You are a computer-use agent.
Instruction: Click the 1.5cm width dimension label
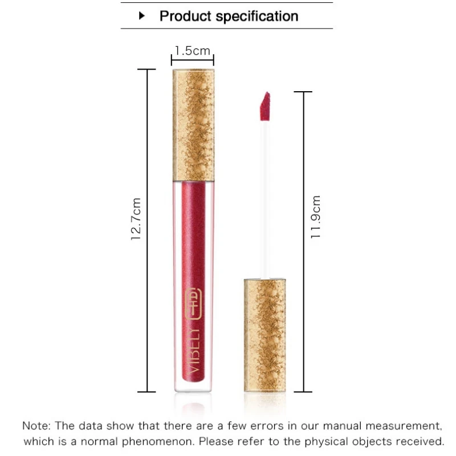pyautogui.click(x=192, y=51)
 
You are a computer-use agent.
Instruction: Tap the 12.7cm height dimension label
pyautogui.click(x=137, y=219)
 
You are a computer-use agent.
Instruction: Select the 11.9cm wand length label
pyautogui.click(x=317, y=217)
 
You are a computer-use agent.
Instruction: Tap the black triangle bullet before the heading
pyautogui.click(x=143, y=16)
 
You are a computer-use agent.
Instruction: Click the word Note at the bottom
pyautogui.click(x=36, y=425)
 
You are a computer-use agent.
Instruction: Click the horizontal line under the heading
pyautogui.click(x=227, y=28)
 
